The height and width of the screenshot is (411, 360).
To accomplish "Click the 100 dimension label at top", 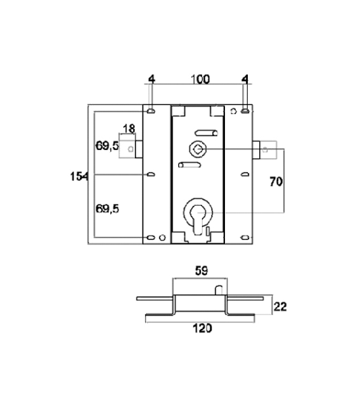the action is pos(200,79).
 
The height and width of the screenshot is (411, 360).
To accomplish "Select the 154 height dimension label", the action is pos(79,177).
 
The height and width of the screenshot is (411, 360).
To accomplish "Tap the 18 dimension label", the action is pos(129,129).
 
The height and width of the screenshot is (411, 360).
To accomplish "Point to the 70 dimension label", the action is pos(276,181).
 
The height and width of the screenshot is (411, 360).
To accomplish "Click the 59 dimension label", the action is pos(202,271).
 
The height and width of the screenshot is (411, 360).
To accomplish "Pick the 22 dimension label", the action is pos(280,307).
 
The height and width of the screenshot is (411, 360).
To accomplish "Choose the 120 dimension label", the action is pos(202,328).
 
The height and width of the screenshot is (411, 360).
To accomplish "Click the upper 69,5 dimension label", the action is pos(107,146).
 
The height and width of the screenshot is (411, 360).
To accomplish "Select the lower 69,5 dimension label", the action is pos(107,209).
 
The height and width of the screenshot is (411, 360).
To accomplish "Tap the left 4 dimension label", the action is pos(151,79).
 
